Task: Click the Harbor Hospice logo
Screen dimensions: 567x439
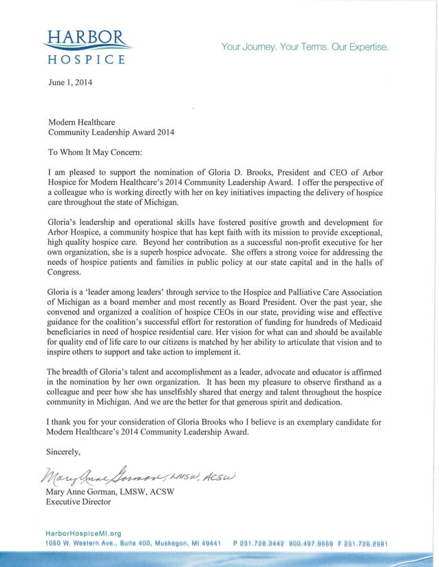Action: [86, 46]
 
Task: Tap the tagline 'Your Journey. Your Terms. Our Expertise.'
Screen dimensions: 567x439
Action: [305, 47]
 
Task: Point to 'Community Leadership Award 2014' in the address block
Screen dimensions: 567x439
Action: [111, 131]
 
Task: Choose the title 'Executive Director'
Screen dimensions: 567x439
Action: [78, 502]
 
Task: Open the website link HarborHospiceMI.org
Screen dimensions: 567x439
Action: [83, 533]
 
